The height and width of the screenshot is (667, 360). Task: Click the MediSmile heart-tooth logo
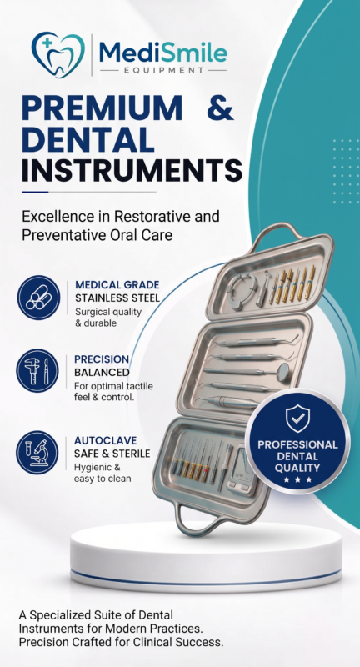tap(57, 55)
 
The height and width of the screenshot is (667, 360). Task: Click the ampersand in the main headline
tap(221, 108)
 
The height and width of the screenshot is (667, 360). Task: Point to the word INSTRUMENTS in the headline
tap(132, 170)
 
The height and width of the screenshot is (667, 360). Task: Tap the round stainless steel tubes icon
tap(38, 298)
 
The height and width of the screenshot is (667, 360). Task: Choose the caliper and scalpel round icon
tap(38, 371)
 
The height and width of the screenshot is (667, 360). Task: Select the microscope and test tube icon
tap(38, 453)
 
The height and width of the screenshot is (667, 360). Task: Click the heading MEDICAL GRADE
tap(117, 284)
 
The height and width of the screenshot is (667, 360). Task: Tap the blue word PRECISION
tap(102, 359)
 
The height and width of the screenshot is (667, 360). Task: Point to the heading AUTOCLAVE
tap(105, 440)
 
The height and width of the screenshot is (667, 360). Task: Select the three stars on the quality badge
tap(297, 480)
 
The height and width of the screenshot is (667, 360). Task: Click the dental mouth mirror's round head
tap(282, 369)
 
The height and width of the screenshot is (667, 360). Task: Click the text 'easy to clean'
tap(102, 479)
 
